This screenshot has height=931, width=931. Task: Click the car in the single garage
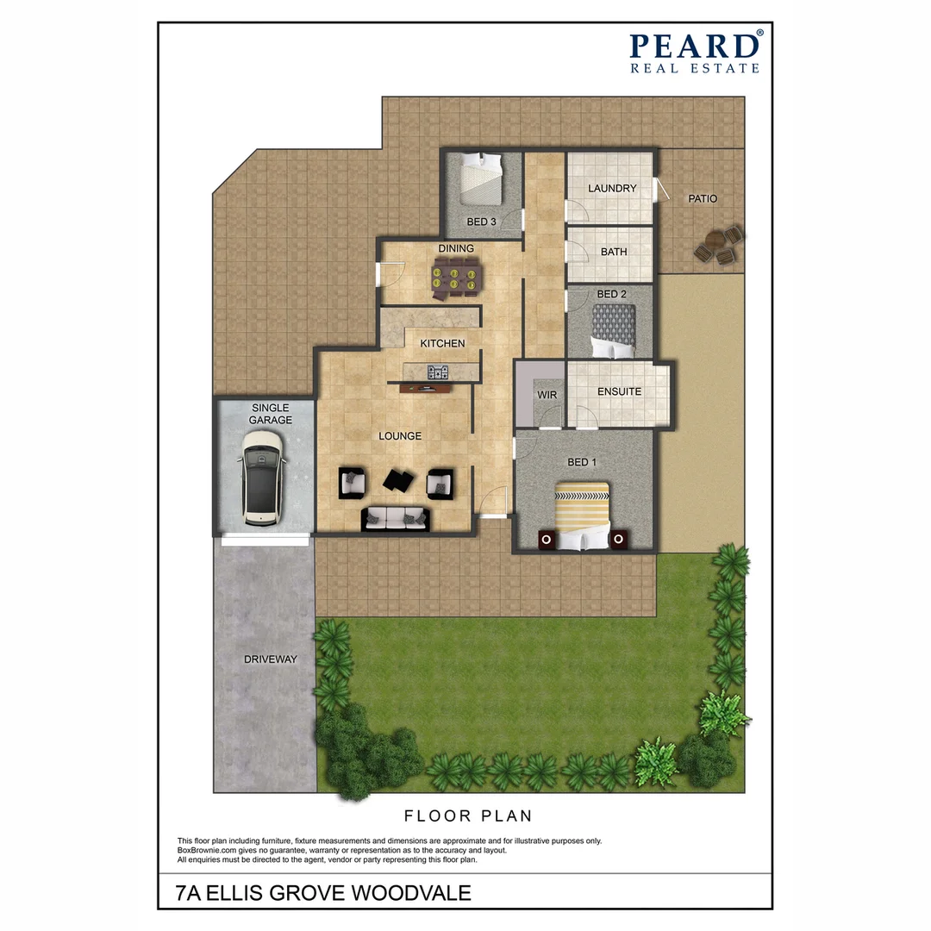click(x=263, y=478)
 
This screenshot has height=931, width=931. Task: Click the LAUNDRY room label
click(x=612, y=189)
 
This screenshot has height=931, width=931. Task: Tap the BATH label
click(x=614, y=253)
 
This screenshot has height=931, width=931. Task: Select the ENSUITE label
click(x=620, y=391)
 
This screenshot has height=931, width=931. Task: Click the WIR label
click(x=547, y=395)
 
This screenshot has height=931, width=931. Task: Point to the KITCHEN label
click(x=442, y=343)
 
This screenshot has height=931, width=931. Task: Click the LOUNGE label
click(x=400, y=436)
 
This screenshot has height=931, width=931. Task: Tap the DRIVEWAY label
click(x=270, y=659)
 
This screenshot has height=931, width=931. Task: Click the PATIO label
click(x=702, y=199)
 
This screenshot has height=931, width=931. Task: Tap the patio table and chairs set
click(x=718, y=245)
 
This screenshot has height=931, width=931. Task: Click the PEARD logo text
click(x=695, y=46)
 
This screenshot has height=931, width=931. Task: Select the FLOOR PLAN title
click(x=469, y=815)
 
